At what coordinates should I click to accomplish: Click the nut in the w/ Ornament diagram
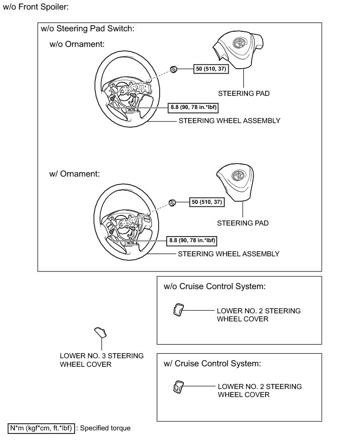pyautogui.click(x=172, y=203)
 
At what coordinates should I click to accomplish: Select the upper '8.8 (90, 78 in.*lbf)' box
pyautogui.click(x=196, y=107)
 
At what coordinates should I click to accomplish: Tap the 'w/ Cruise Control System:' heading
pyautogui.click(x=212, y=363)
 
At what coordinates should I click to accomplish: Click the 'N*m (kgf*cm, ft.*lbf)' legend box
pyautogui.click(x=42, y=428)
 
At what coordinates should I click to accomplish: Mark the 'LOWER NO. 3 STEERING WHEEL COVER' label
pyautogui.click(x=101, y=360)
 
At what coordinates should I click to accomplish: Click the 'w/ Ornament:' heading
pyautogui.click(x=75, y=174)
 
